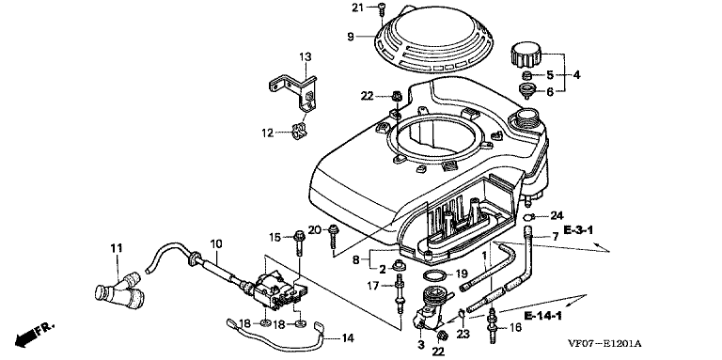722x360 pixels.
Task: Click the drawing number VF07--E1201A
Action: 604,343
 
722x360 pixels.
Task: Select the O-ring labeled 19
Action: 434,276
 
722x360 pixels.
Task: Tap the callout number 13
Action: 306,57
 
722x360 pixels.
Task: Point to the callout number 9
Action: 351,37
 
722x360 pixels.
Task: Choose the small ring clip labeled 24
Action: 529,216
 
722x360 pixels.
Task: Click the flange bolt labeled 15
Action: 299,243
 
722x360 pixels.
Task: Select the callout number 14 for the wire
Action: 348,338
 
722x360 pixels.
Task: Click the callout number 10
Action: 216,243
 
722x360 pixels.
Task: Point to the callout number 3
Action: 420,344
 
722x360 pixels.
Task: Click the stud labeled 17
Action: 397,293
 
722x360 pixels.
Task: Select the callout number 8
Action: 356,259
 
